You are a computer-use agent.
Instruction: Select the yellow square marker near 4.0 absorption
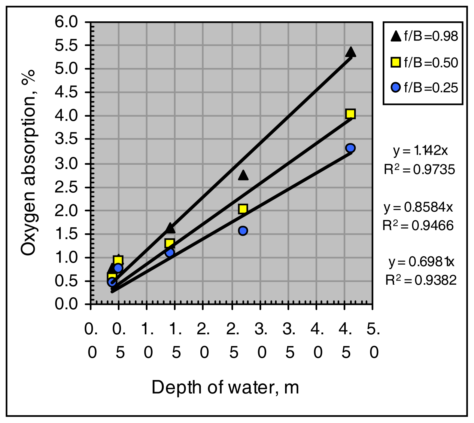tap(351, 114)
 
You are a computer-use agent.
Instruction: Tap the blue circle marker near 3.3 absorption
tap(350, 148)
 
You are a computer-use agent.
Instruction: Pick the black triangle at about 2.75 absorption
tap(243, 175)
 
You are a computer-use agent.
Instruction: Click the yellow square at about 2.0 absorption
tap(243, 209)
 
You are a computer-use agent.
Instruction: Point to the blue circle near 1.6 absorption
tap(243, 231)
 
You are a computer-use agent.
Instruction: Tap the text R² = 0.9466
tap(418, 226)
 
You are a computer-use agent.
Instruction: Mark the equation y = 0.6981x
tap(421, 262)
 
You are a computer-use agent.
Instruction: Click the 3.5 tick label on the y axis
tap(66, 139)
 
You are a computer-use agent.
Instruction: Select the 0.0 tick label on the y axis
tap(66, 304)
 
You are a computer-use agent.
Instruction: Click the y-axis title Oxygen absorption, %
tap(29, 163)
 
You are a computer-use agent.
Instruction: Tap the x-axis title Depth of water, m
tap(225, 388)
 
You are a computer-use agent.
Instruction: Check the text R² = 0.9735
tap(419, 170)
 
